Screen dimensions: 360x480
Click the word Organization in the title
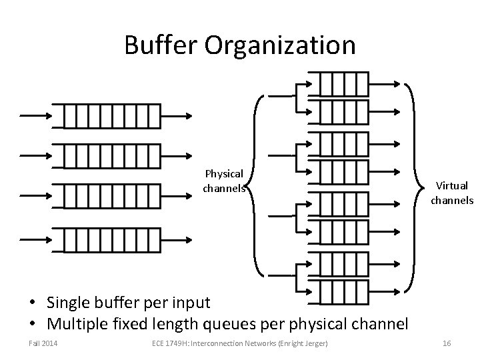280,45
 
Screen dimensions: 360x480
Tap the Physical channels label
225,181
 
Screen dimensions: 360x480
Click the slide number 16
447,343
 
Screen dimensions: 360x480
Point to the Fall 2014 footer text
43,343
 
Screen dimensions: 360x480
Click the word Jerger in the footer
322,343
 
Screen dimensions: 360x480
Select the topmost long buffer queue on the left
107,115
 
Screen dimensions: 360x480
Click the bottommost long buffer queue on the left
107,239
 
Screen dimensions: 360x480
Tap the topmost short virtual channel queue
343,84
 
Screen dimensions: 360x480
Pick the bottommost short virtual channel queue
343,291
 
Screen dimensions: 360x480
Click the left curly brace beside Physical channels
256,185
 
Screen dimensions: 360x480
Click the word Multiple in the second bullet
79,324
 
